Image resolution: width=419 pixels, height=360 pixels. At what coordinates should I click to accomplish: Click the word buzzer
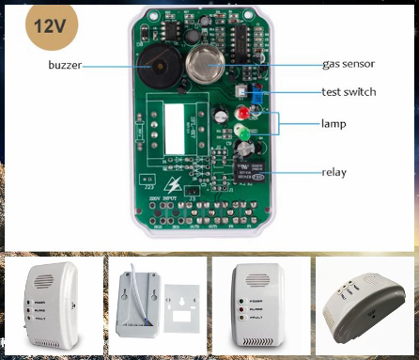coord(70,65)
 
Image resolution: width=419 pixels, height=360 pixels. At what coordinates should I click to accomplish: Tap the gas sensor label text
coord(349,65)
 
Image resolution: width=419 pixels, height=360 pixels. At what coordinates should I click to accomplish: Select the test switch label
coord(348,92)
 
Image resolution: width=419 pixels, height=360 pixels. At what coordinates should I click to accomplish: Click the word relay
coord(334,171)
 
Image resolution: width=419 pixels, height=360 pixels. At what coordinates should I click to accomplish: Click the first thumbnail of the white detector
coord(50,303)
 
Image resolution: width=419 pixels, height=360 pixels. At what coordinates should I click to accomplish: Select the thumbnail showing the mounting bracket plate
coord(154,303)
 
